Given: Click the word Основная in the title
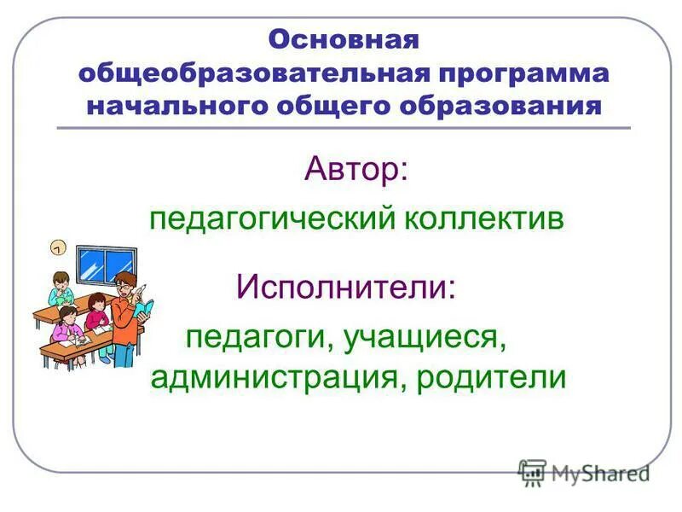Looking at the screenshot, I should point(344,40).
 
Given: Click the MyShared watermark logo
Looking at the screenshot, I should point(584,472).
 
